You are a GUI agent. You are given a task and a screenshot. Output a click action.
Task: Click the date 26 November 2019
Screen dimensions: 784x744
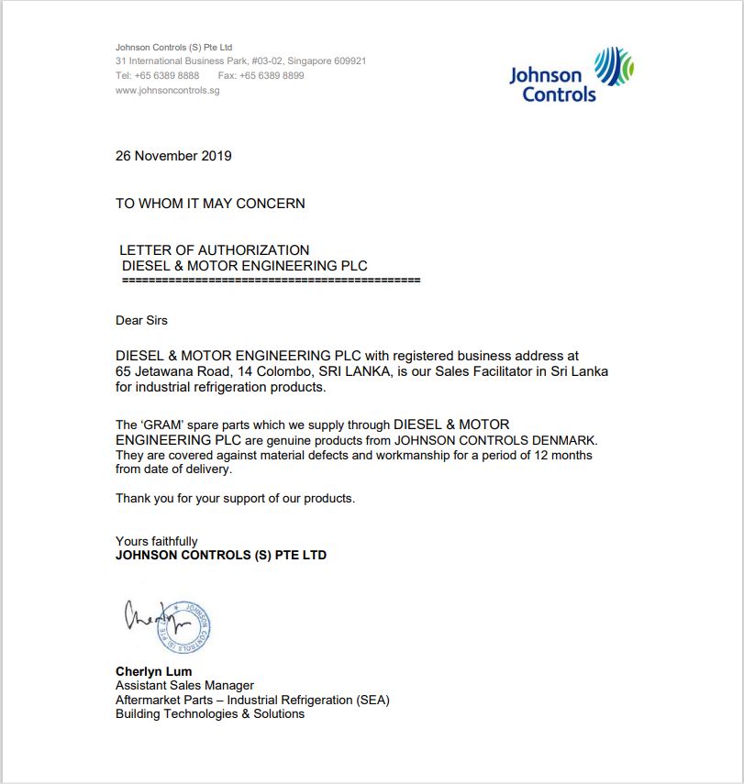pos(173,156)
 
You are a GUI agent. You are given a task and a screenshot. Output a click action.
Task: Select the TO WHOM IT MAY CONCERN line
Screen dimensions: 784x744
pos(210,204)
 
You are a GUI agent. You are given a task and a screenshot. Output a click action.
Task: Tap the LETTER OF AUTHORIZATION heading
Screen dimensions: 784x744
pos(215,249)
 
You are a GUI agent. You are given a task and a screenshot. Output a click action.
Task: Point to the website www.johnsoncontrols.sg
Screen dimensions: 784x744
pos(167,90)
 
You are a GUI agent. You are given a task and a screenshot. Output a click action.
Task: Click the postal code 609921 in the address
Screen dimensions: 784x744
pos(349,61)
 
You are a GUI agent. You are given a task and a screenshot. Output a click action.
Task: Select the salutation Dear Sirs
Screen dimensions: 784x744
pos(141,320)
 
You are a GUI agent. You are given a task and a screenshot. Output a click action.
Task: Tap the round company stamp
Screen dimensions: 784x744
pos(186,628)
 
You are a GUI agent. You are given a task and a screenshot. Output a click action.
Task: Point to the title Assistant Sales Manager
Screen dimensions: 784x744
pos(184,685)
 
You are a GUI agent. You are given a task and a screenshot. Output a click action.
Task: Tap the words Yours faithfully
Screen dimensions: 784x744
pos(156,541)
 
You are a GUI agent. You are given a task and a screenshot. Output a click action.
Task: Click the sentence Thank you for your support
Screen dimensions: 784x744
pos(235,498)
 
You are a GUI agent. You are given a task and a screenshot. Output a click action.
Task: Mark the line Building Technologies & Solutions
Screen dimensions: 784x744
pos(209,713)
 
